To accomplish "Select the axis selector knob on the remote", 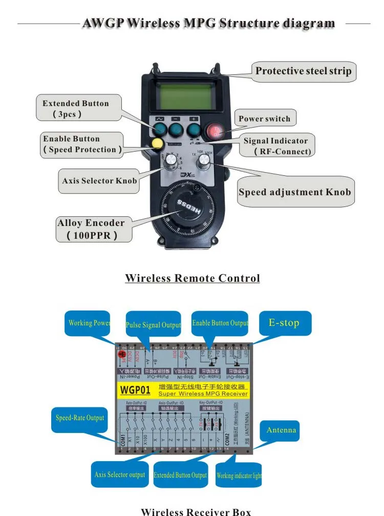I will point(170,161).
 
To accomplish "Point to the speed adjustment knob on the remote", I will point(204,161).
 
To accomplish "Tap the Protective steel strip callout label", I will point(303,71).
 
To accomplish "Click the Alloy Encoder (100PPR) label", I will point(92,229).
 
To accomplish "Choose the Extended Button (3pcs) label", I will point(75,109).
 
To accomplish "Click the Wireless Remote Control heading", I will point(192,278).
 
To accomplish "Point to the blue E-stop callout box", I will point(284,323).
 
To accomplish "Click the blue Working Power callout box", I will point(90,323).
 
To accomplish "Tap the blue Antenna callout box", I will point(281,430).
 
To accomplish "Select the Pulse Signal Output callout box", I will point(153,325).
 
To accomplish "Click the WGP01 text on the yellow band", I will point(135,390).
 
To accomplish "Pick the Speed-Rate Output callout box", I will point(80,418).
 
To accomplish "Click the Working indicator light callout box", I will point(239,476).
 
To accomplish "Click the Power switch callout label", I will point(264,119).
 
